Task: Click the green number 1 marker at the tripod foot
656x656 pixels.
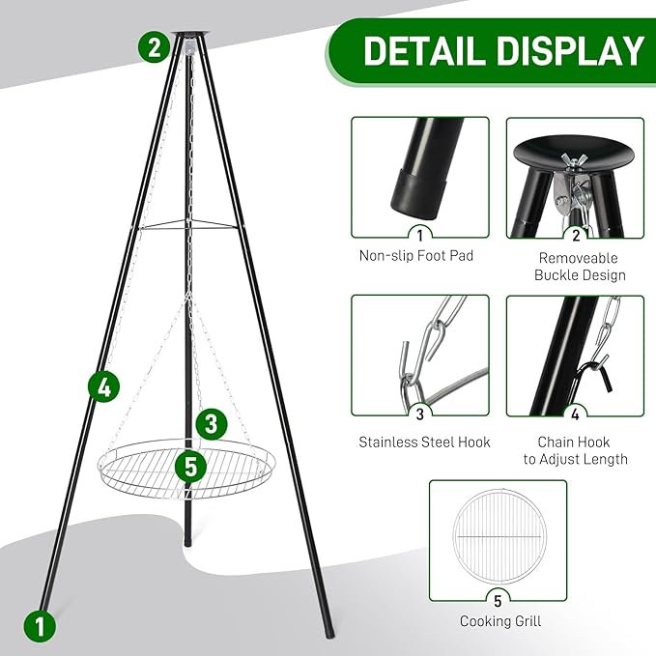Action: [40, 625]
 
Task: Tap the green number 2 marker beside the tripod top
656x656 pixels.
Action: [154, 46]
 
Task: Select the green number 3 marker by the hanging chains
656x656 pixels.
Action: [212, 423]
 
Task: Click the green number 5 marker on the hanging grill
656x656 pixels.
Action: [191, 467]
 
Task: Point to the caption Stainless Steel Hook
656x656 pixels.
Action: [424, 442]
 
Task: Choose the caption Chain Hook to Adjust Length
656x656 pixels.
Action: [576, 450]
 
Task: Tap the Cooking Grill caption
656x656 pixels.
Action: [499, 621]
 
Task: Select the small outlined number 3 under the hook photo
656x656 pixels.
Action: [419, 415]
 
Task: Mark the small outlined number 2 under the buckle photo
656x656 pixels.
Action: [575, 232]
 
